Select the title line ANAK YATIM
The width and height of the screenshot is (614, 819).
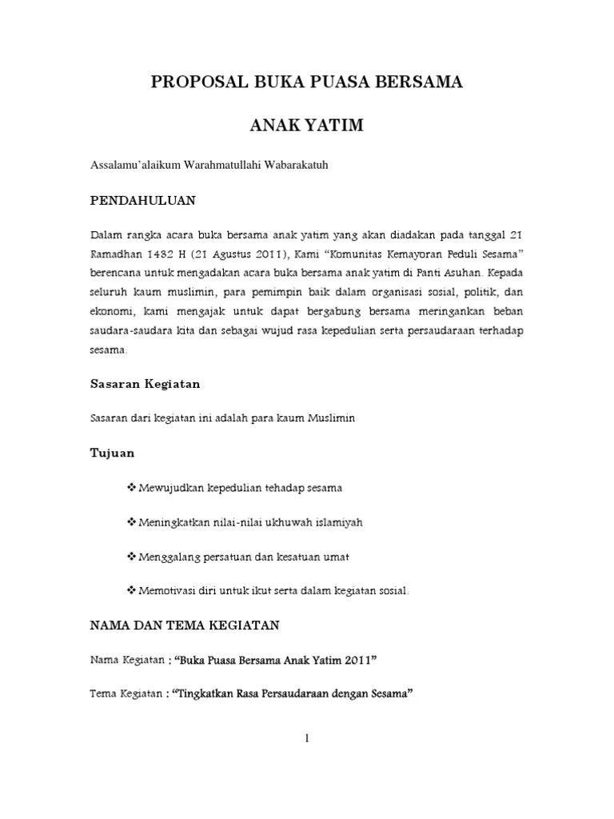[x=306, y=126]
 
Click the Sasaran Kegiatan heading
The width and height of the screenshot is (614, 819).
[x=144, y=384]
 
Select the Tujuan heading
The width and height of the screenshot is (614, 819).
[x=112, y=453]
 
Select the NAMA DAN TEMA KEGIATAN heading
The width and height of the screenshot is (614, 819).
[x=184, y=625]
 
